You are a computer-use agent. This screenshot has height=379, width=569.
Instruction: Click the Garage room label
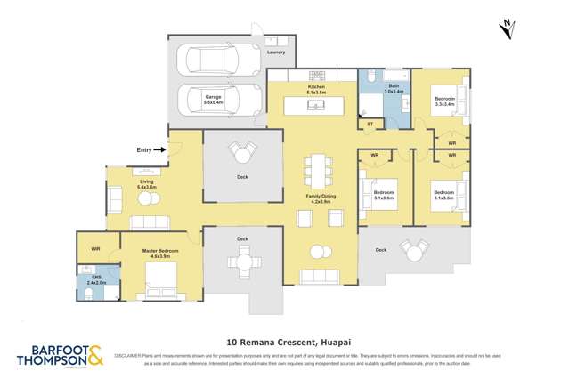click(213, 100)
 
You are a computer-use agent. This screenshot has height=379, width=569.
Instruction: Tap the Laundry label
click(276, 52)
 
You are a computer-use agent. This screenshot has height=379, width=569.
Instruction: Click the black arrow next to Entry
click(159, 150)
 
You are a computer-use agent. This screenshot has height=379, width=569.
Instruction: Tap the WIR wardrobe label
click(95, 249)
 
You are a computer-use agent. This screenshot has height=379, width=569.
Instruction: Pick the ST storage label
click(370, 124)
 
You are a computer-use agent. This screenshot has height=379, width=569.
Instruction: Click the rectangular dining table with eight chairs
click(318, 169)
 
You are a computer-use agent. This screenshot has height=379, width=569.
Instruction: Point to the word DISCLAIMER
click(127, 353)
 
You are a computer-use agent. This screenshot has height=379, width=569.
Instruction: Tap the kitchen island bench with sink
click(316, 106)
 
